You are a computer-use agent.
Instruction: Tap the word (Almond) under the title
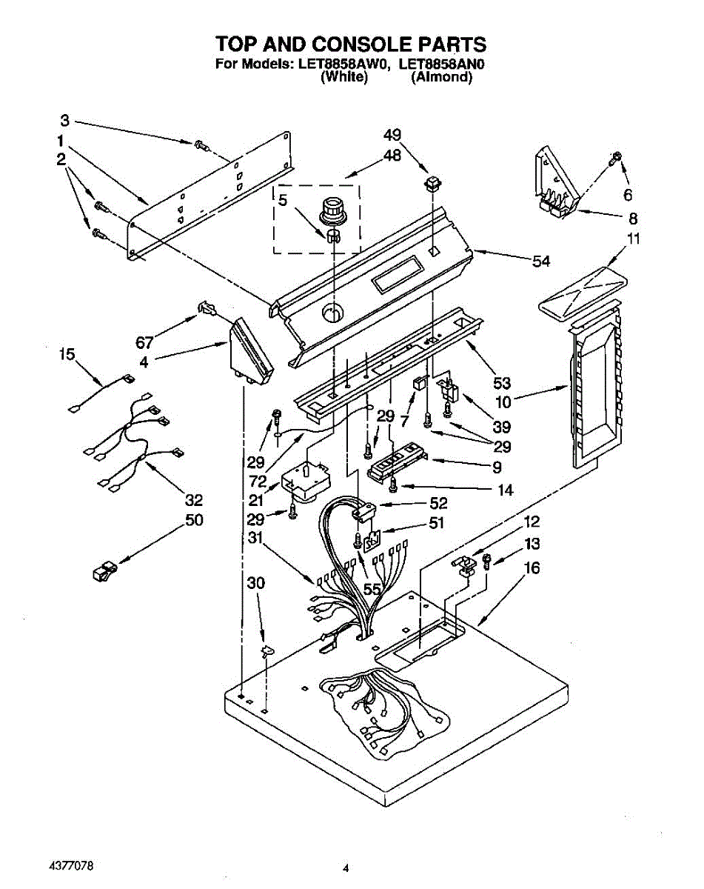(x=442, y=77)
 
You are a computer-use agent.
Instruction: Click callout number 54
(x=542, y=261)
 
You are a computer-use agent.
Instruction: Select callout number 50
(x=194, y=520)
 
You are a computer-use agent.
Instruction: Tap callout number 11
(x=634, y=239)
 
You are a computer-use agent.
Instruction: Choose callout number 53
(x=502, y=383)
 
